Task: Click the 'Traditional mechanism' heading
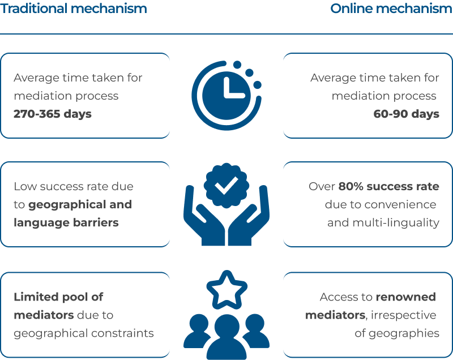click(74, 8)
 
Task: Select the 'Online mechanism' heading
click(391, 8)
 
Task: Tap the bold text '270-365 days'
click(53, 114)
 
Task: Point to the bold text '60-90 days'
click(406, 114)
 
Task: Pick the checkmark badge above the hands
click(226, 185)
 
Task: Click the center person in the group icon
click(227, 336)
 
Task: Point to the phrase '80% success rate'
click(388, 186)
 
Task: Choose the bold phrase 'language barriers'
click(66, 222)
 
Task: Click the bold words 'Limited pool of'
click(58, 297)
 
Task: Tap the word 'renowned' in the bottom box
click(405, 297)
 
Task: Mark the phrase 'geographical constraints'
click(84, 333)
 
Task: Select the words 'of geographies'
click(397, 333)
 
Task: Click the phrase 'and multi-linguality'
click(383, 222)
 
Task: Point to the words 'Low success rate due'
click(74, 186)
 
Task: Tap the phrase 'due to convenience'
click(381, 204)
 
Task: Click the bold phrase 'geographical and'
click(80, 205)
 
